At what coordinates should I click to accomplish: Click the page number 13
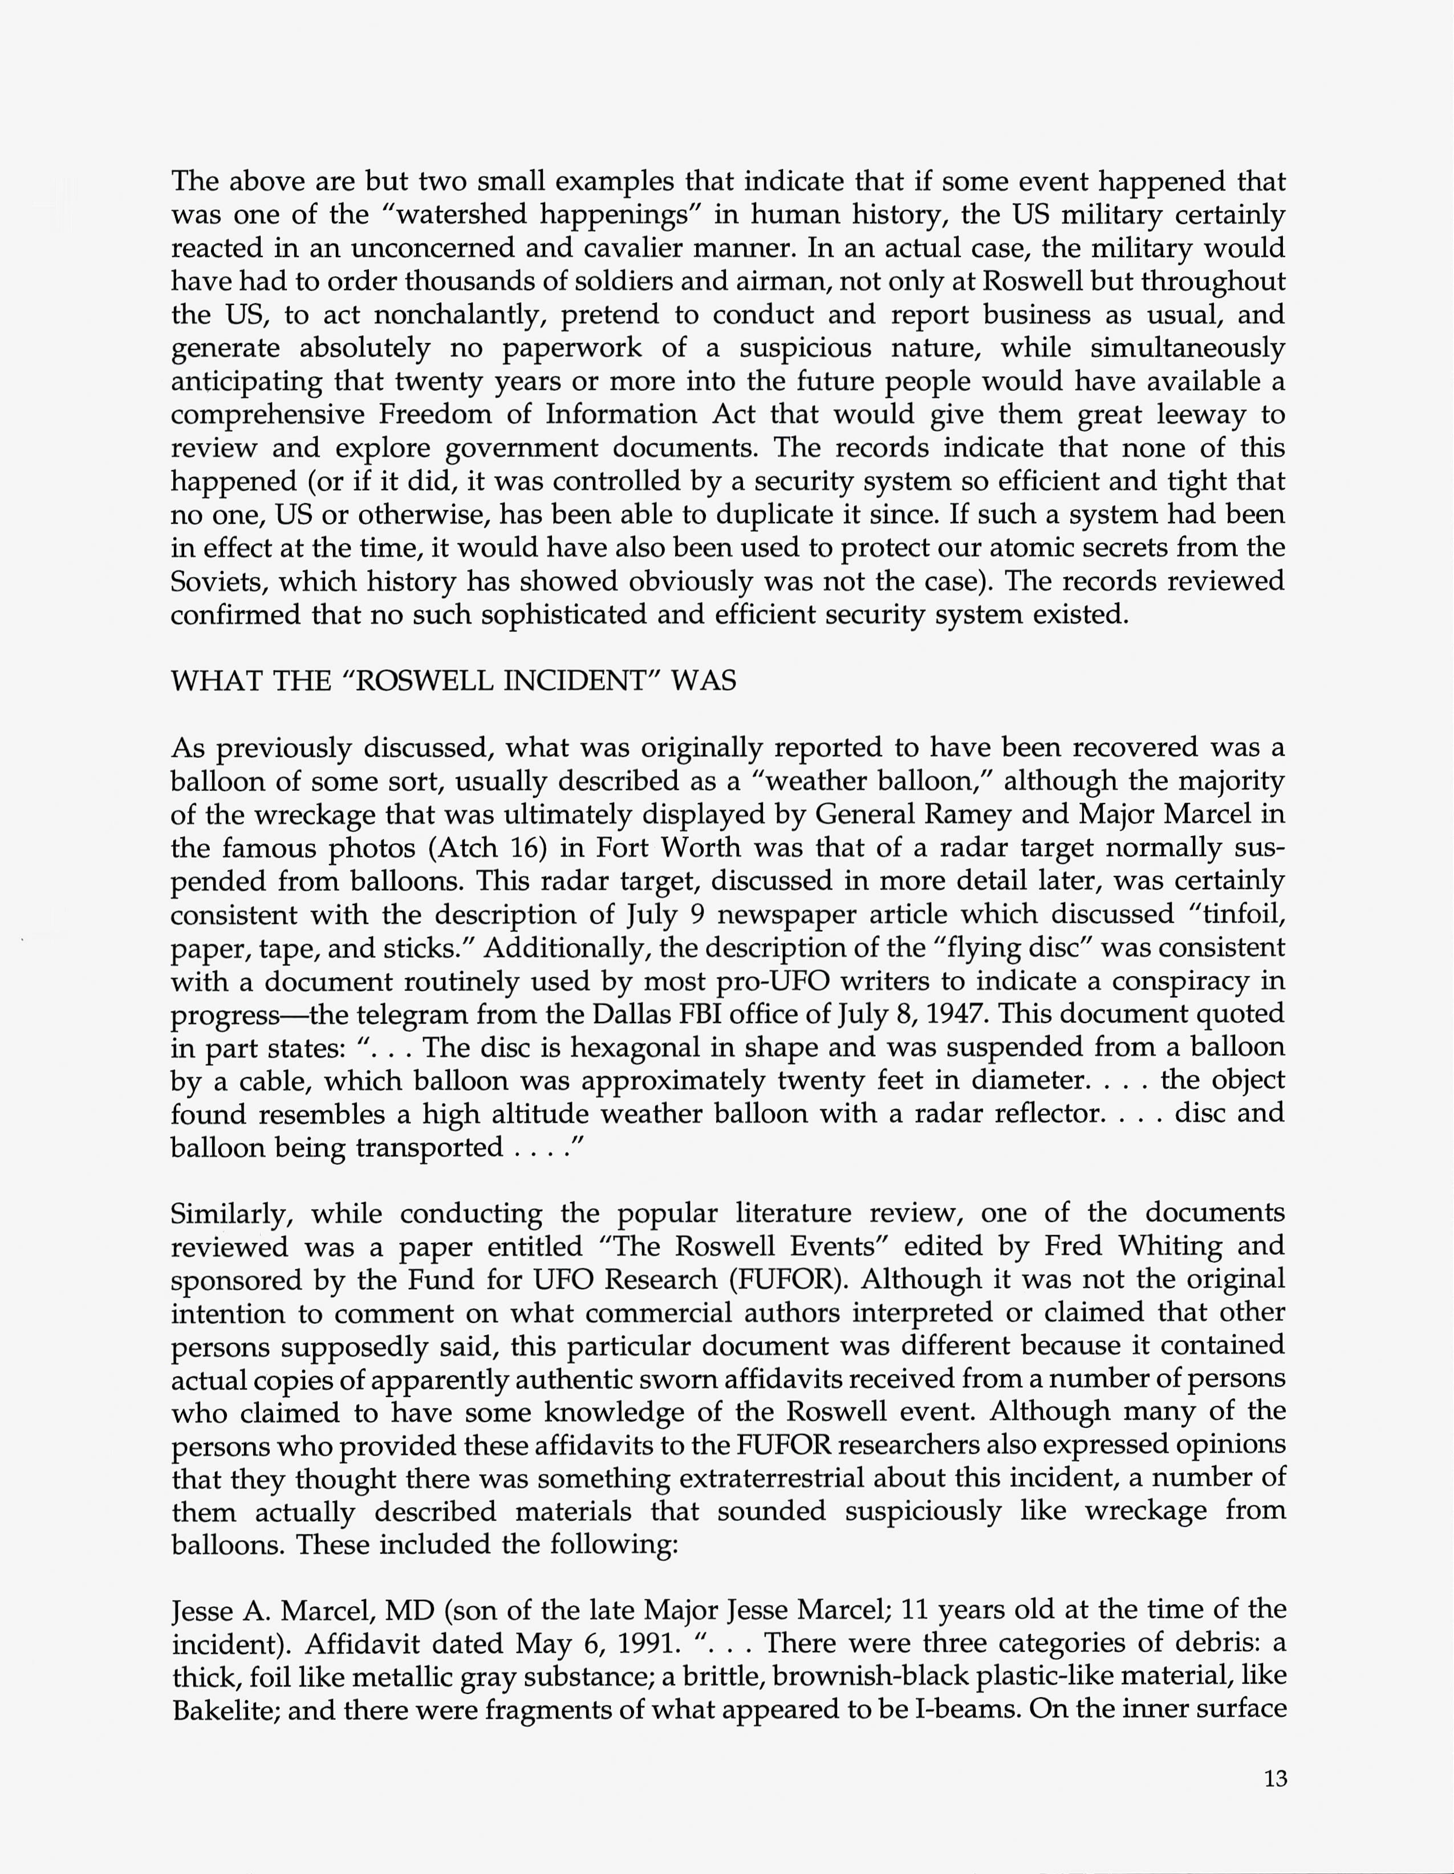coord(1276,1779)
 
